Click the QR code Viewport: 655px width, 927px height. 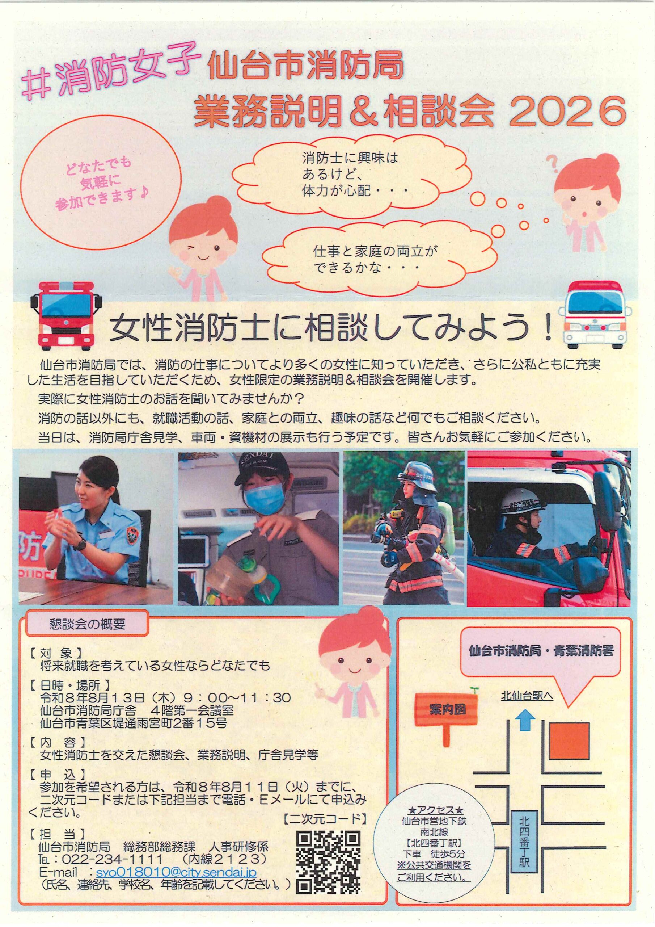point(328,862)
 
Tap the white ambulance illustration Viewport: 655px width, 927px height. point(595,315)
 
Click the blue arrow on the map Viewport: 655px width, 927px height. point(525,721)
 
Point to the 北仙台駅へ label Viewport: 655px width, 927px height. point(527,696)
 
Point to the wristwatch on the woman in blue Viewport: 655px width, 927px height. point(82,544)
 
